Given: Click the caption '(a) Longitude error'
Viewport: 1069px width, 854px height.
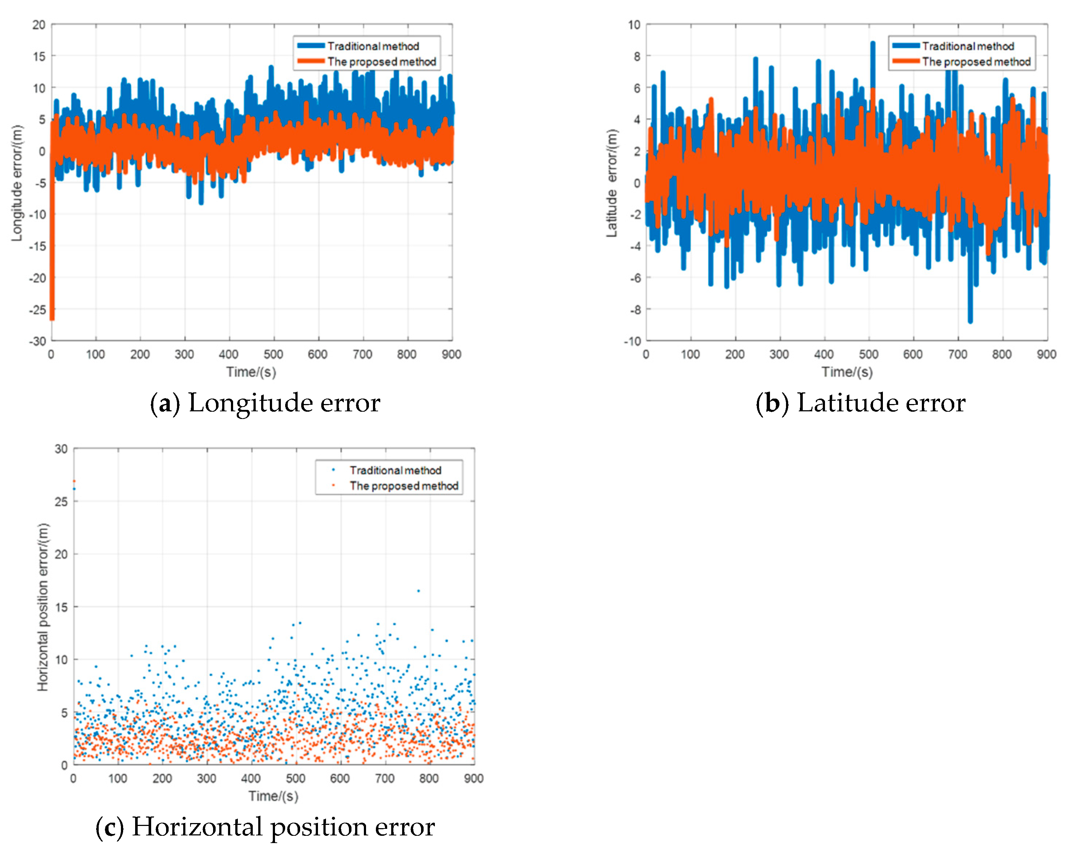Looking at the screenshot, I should click(x=265, y=402).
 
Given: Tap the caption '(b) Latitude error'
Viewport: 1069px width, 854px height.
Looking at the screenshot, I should click(x=860, y=402).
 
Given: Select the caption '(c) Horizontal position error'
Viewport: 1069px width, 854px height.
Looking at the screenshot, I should click(x=265, y=826).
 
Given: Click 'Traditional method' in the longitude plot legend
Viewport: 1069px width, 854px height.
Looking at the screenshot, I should click(x=373, y=46).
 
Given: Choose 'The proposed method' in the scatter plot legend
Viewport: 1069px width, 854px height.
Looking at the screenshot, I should click(x=403, y=486).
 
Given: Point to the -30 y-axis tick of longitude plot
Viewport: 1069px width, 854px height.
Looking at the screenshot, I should click(x=37, y=341).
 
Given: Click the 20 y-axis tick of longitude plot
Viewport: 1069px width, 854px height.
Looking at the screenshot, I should click(x=39, y=25).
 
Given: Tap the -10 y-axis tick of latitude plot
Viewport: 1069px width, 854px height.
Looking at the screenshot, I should click(x=632, y=341).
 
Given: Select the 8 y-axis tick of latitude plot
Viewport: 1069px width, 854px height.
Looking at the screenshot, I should click(x=637, y=56).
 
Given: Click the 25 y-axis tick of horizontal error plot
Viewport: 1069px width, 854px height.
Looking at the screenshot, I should click(x=61, y=501).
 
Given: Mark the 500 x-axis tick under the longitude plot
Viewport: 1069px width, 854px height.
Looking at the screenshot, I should click(x=273, y=354).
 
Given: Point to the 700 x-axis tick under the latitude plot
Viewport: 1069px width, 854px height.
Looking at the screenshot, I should click(x=958, y=354).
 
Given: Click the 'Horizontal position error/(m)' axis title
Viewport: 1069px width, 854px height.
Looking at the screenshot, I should click(x=43, y=607).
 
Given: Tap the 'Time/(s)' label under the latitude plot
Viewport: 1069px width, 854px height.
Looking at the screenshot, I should click(x=847, y=372).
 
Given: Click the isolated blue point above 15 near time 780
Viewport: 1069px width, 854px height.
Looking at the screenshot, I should click(x=418, y=591).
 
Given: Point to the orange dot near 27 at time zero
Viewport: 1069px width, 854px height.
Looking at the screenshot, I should click(x=74, y=481).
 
